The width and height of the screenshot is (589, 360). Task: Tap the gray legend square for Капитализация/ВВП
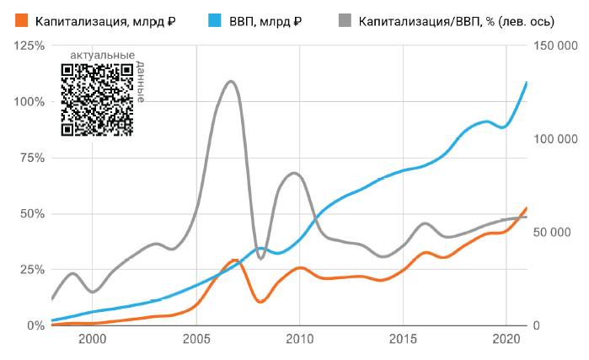[345, 20]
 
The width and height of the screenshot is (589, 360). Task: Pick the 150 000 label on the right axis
[560, 46]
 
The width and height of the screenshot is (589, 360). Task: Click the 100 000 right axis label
[560, 139]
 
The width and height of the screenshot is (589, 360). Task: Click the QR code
[97, 99]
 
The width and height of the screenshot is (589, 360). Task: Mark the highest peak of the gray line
[231, 81]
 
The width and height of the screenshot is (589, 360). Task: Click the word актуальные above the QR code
[101, 56]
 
